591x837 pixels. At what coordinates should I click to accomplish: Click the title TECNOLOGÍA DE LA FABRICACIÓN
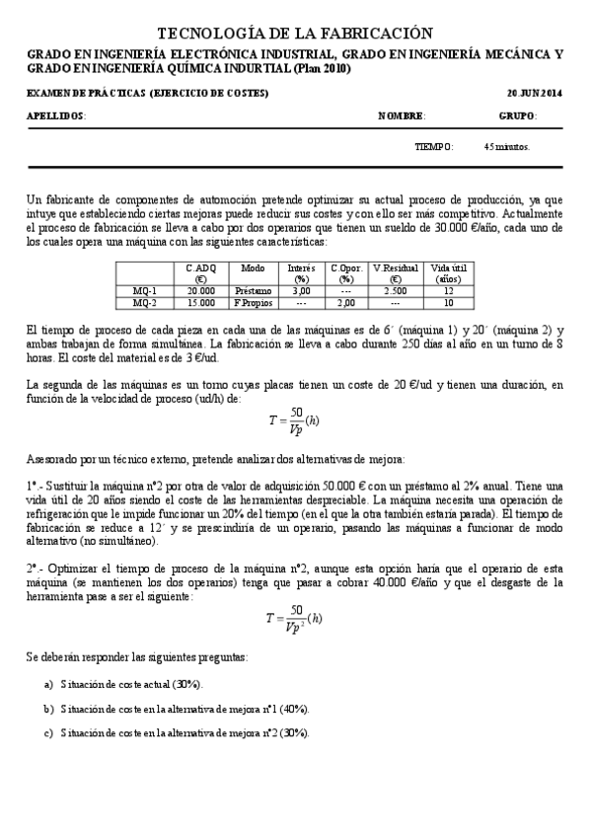point(295,34)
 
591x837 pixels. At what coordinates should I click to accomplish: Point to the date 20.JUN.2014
point(534,92)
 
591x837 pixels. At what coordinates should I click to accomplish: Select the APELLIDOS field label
point(56,115)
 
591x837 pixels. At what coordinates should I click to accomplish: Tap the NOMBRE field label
point(402,115)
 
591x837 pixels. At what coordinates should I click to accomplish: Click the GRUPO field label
point(518,115)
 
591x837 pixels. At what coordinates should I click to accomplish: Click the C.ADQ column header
point(200,272)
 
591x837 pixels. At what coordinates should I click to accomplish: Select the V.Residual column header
point(395,272)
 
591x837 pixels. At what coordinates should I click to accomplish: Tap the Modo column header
point(252,267)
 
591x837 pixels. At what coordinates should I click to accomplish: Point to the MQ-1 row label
point(145,291)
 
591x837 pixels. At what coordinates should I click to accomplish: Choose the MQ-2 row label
point(145,303)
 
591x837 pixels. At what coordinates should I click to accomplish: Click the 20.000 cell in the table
point(200,291)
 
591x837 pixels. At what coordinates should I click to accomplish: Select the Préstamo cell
point(252,291)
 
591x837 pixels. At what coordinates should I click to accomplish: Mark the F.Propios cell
point(252,303)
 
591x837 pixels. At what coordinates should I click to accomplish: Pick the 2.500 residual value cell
point(395,291)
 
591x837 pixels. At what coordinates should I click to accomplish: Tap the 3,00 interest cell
point(301,291)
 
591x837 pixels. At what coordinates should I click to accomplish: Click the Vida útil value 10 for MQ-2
point(448,303)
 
